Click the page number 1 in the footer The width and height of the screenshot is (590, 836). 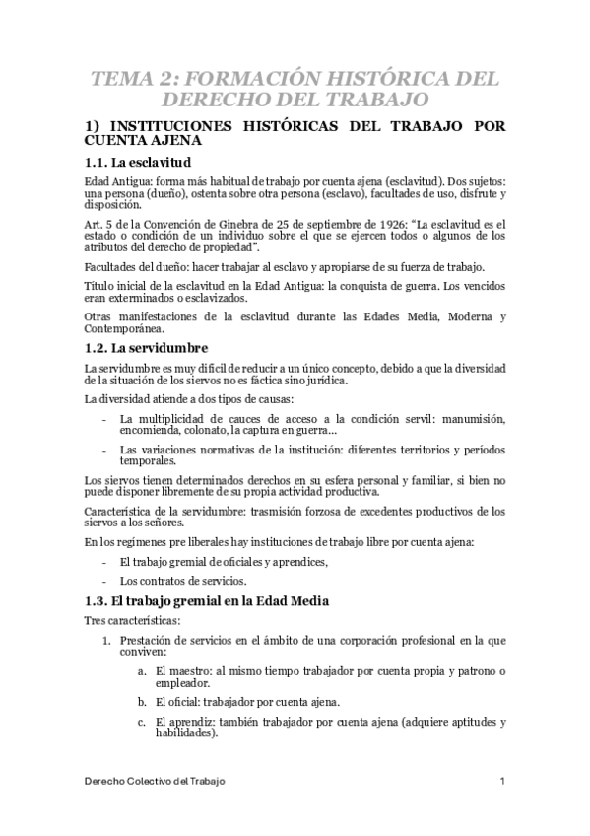point(502,781)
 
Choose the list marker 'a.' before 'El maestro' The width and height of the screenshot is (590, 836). point(144,670)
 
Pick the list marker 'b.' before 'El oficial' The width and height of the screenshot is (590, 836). point(144,702)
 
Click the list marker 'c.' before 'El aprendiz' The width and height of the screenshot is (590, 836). point(144,722)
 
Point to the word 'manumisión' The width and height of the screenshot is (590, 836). point(471,419)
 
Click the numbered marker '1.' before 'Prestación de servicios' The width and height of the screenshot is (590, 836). point(111,640)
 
